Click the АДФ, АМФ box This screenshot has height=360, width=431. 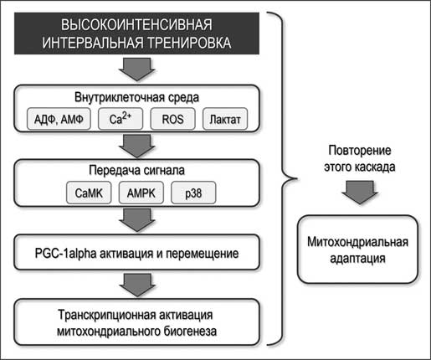point(59,119)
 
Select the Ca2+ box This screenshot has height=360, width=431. point(121,119)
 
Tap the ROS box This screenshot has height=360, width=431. point(172,119)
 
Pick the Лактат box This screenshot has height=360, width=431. point(225,119)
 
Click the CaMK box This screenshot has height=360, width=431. point(89,193)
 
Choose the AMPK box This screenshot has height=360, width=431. point(141,193)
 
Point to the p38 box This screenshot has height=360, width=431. point(193,193)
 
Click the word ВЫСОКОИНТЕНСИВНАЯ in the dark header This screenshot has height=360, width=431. point(136,24)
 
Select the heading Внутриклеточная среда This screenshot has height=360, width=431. point(136,97)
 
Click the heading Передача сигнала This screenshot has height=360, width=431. point(136,170)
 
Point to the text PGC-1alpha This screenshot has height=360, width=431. point(66,254)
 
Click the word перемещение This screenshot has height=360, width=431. point(203,254)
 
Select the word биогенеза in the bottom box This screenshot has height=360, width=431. point(190,332)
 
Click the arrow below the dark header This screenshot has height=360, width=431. point(137,69)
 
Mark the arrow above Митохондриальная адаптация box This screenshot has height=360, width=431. point(360,192)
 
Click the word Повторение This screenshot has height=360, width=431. point(360,151)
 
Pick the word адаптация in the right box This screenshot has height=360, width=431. point(358,259)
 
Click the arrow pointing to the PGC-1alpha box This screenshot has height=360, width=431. point(137,220)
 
